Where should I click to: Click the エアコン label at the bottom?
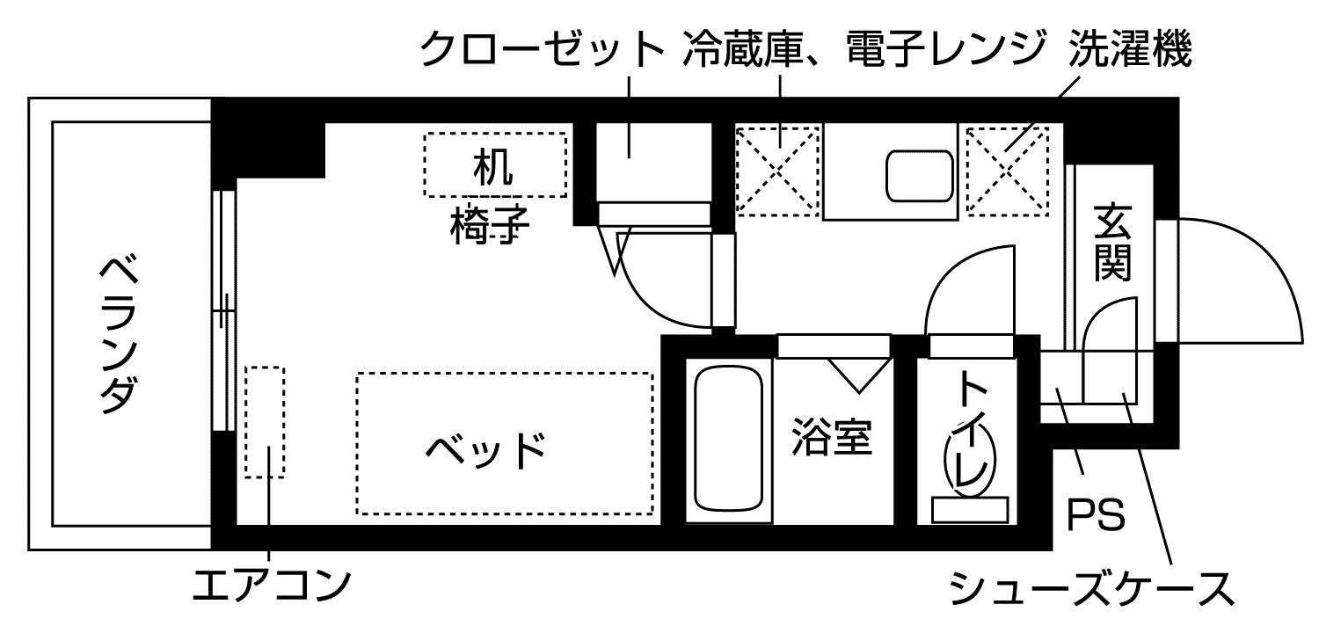click(272, 585)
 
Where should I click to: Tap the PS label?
click(1096, 517)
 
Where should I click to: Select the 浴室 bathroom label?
click(831, 436)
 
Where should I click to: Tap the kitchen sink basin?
click(918, 175)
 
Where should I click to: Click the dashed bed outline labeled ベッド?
click(504, 444)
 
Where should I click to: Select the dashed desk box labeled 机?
click(495, 164)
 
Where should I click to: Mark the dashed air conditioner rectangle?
click(265, 422)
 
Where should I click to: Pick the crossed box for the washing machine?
click(1008, 171)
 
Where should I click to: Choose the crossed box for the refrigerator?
click(777, 171)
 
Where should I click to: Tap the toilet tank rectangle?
click(969, 509)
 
